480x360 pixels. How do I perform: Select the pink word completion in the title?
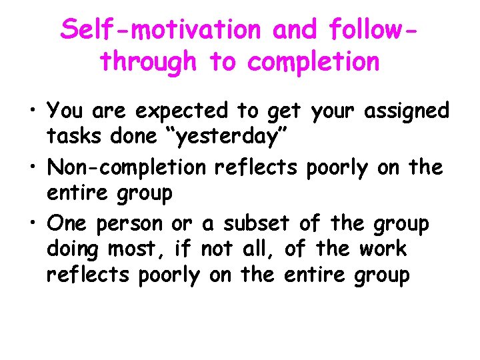pos(314,62)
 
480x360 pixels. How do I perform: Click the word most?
pos(143,250)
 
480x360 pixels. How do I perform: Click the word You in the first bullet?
pos(65,110)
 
